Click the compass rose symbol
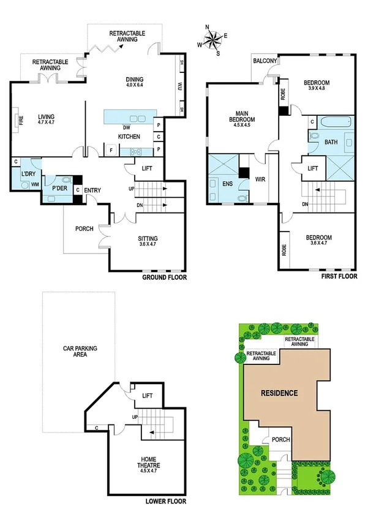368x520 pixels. tap(213, 40)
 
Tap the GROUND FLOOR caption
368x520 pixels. tap(164, 277)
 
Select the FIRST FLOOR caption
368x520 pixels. tap(339, 277)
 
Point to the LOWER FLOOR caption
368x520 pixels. tap(165, 501)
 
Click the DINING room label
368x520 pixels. tap(135, 80)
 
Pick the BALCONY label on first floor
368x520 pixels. tap(266, 61)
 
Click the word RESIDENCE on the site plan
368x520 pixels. tap(278, 393)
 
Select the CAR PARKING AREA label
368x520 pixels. tap(80, 352)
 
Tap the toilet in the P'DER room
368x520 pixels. tap(64, 180)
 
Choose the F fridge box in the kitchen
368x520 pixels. tap(111, 149)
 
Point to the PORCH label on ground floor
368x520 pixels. tap(84, 229)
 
